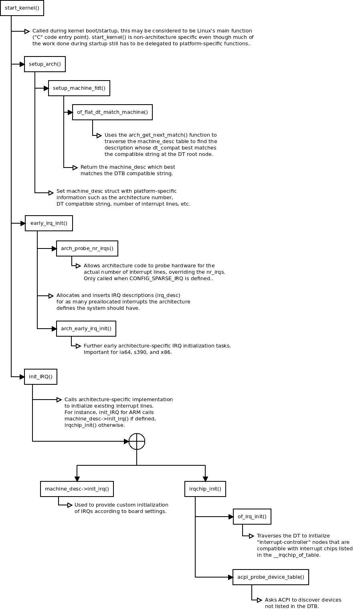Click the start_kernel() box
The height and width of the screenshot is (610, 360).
(22, 8)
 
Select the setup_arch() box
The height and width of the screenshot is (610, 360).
(44, 64)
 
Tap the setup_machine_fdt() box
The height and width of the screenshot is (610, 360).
(79, 88)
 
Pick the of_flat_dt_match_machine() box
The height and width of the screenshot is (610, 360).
(112, 112)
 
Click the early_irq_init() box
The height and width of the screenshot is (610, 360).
(49, 223)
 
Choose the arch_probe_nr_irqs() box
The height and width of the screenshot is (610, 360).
(87, 248)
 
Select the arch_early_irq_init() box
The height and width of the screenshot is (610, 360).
(86, 328)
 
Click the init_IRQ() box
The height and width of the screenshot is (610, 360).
(40, 377)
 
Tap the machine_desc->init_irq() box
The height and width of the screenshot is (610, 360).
(77, 489)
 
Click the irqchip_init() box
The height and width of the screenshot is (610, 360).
(205, 489)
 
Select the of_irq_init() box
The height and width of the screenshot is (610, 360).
(252, 516)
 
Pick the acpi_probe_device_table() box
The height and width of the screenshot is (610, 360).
(271, 577)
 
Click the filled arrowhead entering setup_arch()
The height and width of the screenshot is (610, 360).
(22, 64)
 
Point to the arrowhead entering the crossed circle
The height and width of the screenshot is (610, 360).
(126, 441)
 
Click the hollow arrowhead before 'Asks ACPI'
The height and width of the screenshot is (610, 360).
(259, 600)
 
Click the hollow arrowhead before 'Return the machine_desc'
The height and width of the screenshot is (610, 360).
(75, 168)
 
